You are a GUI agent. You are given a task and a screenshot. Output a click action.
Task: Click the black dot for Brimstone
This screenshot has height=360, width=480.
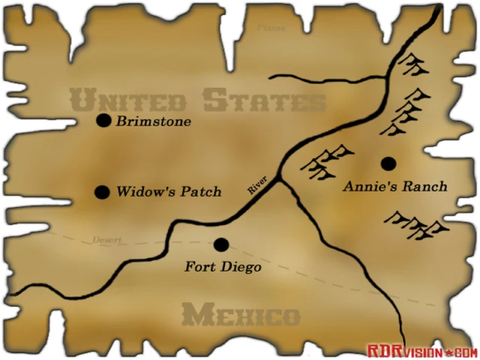point(103,121)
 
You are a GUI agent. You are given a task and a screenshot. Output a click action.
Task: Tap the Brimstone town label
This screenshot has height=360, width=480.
point(154,121)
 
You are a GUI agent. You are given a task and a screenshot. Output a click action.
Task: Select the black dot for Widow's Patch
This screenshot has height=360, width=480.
point(102,192)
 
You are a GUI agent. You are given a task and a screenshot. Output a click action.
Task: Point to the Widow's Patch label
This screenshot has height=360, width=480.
point(169,192)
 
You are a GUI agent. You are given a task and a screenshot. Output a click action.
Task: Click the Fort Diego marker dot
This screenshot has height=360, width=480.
point(220,244)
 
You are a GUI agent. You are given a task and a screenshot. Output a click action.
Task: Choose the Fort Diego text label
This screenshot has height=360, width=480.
point(223,265)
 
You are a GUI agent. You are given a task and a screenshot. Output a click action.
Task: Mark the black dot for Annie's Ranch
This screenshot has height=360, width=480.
point(388,163)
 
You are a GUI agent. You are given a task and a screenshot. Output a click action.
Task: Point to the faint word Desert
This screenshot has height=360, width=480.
point(106,240)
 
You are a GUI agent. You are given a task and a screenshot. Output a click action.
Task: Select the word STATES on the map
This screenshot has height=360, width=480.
point(264,100)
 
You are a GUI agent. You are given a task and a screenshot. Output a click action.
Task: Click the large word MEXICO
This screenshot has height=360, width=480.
point(240,315)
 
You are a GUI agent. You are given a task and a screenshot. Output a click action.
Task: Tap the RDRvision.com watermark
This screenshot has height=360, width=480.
point(421,351)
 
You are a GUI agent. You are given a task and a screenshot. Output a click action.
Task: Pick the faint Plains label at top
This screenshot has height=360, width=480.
point(271,28)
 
